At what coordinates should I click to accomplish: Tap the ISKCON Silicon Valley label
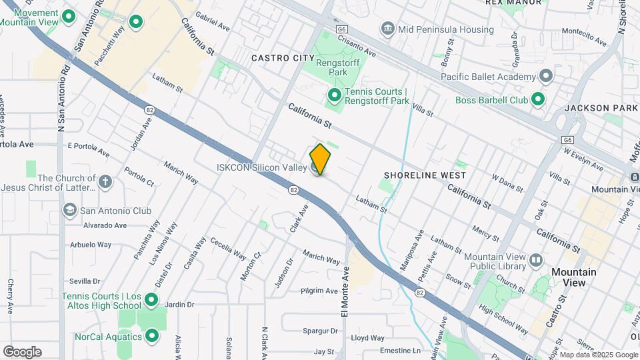pos(261,167)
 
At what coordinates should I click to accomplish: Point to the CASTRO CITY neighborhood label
pos(283,59)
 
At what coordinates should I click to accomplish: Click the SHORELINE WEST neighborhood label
pos(425,175)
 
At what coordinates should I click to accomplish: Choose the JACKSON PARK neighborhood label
pos(601,107)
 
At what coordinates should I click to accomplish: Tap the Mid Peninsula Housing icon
pos(387,29)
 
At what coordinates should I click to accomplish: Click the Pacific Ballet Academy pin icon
pos(547,76)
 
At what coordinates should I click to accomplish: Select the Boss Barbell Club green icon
pos(538,100)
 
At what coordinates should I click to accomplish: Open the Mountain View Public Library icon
pos(536,261)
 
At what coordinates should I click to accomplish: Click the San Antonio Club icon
pos(69,211)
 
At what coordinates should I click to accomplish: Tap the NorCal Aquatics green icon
pos(152,336)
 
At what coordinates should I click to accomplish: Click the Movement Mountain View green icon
pos(67,17)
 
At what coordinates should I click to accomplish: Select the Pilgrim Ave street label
pos(319,291)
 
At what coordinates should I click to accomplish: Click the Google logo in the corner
pos(22,352)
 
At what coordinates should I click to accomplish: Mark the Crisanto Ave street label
pos(357,47)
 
